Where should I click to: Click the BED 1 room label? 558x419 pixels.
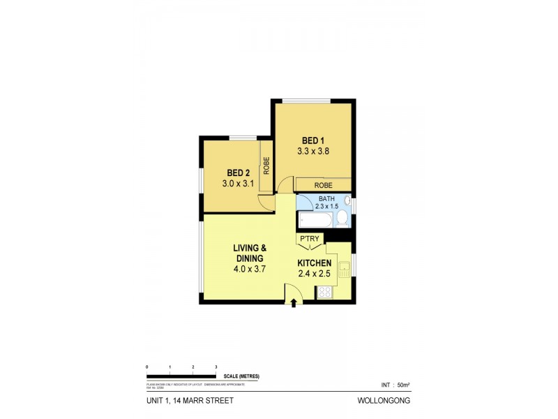313,140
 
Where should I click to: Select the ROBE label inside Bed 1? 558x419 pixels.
322,185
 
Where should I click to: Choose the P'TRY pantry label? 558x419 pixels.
309,240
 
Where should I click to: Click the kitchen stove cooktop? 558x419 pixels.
325,293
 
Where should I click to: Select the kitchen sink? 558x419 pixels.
344,269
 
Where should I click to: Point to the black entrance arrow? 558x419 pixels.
294,302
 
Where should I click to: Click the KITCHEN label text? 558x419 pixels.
315,263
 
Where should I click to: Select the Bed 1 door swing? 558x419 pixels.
285,186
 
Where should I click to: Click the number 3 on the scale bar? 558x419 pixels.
216,367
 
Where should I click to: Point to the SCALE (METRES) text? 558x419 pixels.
241,376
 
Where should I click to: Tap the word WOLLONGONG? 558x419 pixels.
384,401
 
